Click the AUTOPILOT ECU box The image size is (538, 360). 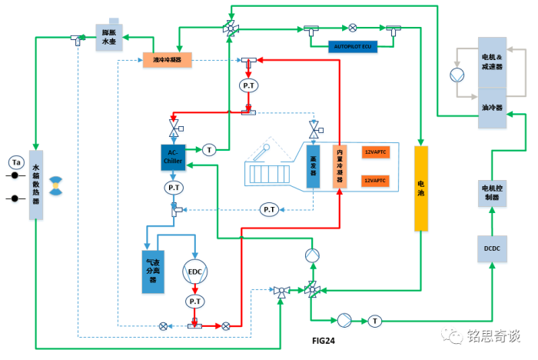pos(353,46)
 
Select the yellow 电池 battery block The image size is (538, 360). pos(420,188)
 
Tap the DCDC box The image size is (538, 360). pos(492,248)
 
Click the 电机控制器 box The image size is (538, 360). pos(492,192)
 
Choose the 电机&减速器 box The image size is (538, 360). pos(492,62)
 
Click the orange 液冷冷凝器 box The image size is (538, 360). pos(167,59)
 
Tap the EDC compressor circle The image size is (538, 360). pos(195,272)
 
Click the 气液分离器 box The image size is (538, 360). pos(156,271)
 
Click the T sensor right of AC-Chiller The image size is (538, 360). pos(209,149)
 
